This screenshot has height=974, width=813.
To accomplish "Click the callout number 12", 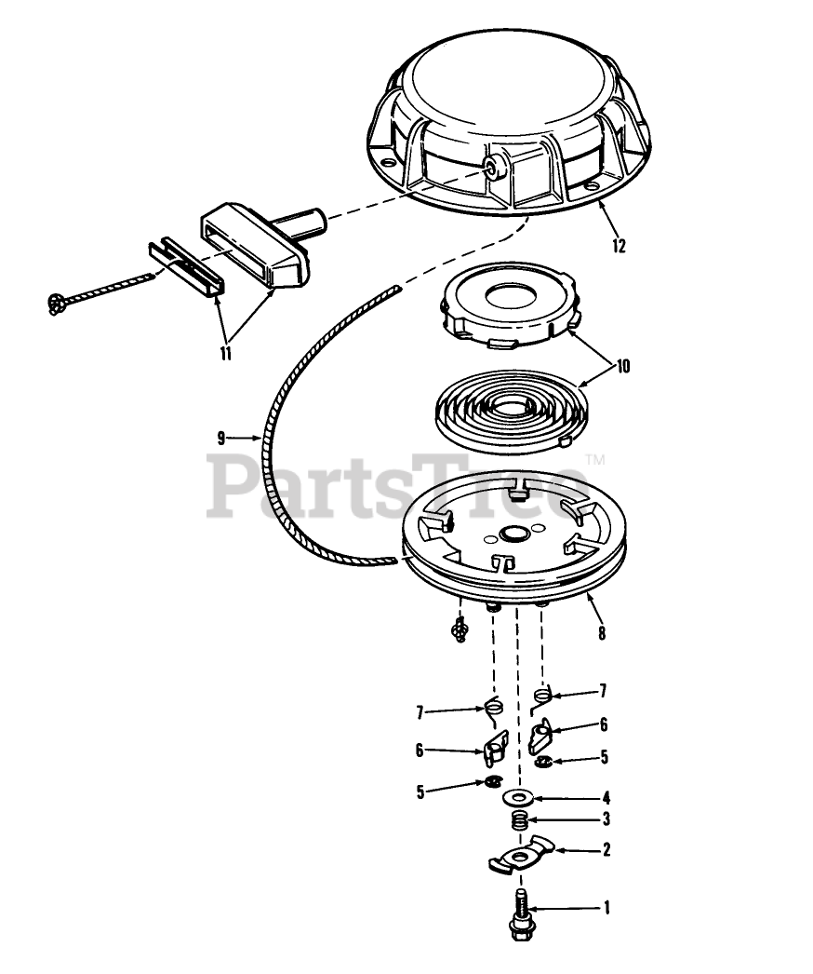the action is click(619, 246).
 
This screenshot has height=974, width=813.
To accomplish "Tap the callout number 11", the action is click(225, 354).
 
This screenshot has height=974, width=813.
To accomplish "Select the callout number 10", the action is click(623, 366).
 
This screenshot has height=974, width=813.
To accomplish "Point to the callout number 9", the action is click(221, 438).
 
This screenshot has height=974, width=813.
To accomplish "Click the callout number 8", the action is click(601, 633).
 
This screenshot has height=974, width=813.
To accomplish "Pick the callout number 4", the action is click(606, 798).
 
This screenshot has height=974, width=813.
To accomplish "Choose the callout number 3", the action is click(606, 819).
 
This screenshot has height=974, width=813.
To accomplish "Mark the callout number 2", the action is click(606, 848).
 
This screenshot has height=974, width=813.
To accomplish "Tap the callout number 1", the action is click(606, 908).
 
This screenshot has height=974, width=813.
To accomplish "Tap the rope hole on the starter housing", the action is click(494, 167).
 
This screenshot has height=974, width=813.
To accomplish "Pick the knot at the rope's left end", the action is click(57, 304).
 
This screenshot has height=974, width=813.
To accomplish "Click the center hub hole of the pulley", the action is click(513, 534).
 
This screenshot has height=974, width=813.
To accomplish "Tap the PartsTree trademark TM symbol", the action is click(595, 460).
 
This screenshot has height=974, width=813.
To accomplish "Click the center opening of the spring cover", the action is click(510, 296).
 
